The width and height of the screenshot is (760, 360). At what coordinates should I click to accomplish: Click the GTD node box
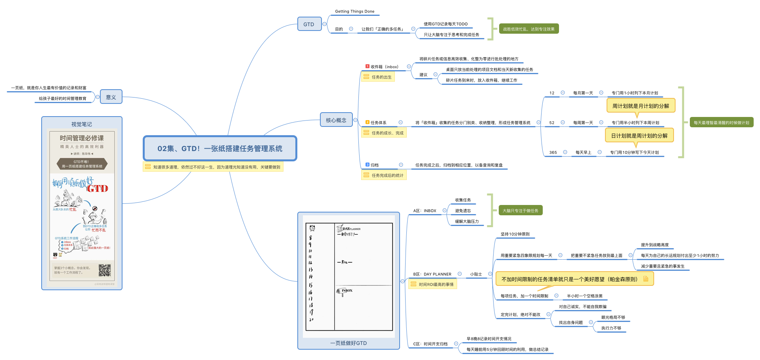click(309, 24)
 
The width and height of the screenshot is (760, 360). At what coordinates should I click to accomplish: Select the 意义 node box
click(111, 97)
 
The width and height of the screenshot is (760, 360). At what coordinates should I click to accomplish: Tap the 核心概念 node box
click(336, 120)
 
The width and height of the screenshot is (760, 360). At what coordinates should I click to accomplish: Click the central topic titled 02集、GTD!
click(220, 149)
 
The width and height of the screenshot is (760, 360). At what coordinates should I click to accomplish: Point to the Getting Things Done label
click(354, 11)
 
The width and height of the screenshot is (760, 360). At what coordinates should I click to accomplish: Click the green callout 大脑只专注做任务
click(520, 211)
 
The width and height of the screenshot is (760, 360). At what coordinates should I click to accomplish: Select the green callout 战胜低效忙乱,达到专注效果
click(528, 29)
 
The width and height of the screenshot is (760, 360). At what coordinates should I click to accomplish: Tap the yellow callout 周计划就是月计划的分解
click(640, 106)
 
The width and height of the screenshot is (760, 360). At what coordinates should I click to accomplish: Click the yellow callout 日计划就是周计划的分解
click(639, 136)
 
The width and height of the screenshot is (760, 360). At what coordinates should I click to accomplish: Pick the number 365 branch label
click(553, 152)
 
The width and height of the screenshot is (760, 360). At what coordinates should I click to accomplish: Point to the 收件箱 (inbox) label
click(384, 67)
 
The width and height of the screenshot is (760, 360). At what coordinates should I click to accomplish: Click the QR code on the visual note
click(105, 270)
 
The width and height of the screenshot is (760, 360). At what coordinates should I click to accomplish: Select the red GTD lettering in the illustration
click(98, 189)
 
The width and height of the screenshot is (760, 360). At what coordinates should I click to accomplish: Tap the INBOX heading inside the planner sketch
click(347, 291)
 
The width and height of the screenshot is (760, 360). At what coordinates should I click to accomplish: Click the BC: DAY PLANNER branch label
click(432, 274)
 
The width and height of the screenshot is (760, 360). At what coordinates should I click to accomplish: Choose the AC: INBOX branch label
click(425, 211)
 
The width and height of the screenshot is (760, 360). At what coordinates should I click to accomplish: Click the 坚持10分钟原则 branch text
click(515, 234)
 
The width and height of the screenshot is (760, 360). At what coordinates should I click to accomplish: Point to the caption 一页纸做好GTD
click(348, 343)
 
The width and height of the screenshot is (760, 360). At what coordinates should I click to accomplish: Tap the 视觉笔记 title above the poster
click(81, 124)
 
